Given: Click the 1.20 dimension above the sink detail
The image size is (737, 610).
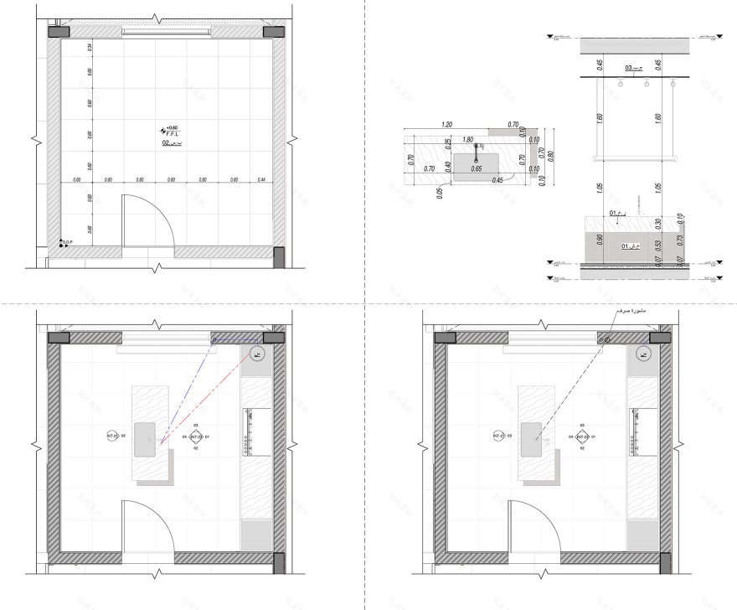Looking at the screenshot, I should (x=446, y=125).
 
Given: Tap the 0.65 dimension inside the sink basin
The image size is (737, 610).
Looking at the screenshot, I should (x=477, y=169).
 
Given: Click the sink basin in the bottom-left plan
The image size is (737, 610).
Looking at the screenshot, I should (x=145, y=439).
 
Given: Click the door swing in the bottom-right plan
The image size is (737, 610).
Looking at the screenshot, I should (x=538, y=526).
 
